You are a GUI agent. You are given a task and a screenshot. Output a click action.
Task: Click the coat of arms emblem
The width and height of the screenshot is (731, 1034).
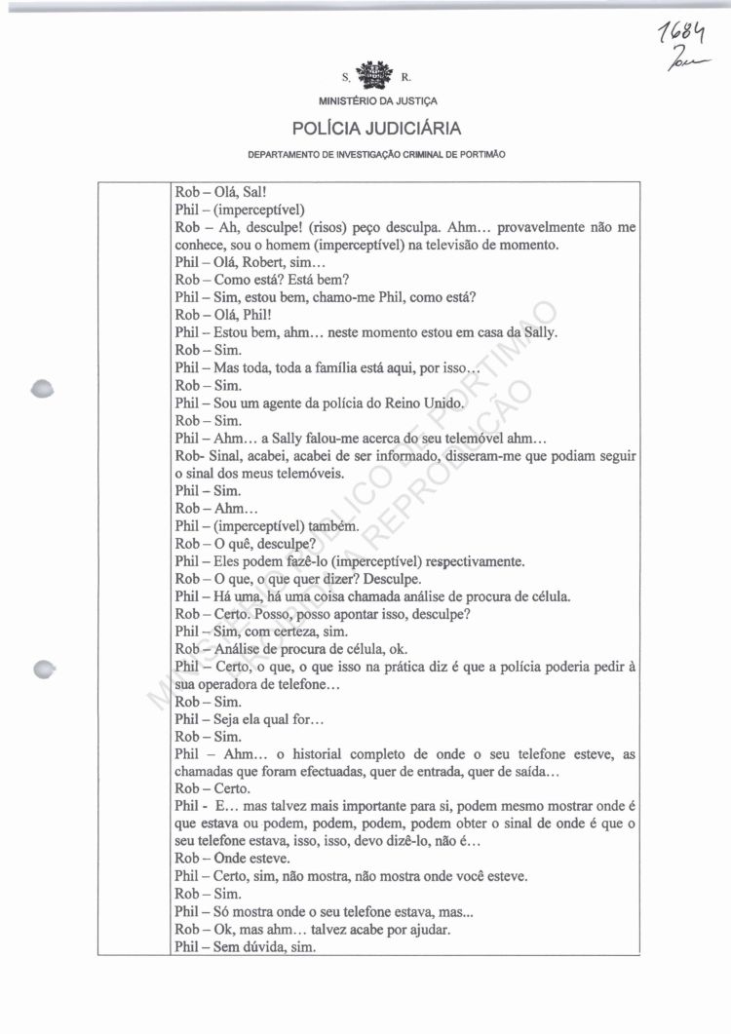click(x=374, y=73)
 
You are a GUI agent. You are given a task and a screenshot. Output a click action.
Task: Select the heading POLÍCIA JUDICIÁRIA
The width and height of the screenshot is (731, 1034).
click(x=375, y=129)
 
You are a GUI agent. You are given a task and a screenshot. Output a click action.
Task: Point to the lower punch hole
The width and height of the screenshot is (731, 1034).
click(x=43, y=669)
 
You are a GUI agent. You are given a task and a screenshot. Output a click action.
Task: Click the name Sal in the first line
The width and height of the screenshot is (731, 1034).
click(x=247, y=192)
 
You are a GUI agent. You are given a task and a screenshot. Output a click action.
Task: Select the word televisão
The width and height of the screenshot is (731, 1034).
click(x=450, y=245)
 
